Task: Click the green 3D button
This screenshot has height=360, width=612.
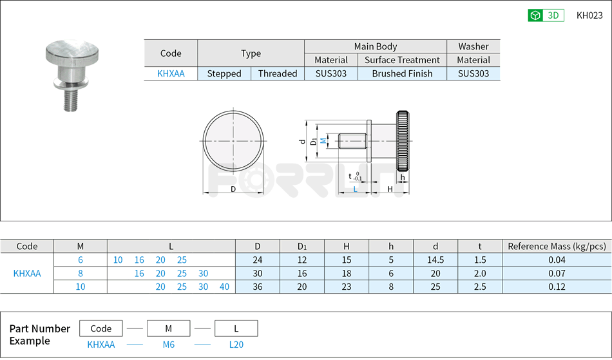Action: [546, 15]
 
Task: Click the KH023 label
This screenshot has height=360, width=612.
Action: [589, 15]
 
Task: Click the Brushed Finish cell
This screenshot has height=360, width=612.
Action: [402, 73]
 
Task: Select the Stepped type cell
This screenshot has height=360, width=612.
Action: [224, 73]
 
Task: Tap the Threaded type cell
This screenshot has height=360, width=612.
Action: [278, 73]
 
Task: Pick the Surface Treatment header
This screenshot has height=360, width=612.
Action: [402, 60]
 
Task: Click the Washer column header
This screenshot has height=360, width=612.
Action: [473, 46]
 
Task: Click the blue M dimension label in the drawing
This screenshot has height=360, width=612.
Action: [323, 140]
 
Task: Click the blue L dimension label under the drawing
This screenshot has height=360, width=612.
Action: [355, 189]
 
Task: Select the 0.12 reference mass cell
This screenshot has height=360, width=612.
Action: [557, 287]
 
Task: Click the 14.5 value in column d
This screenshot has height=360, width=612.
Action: [435, 260]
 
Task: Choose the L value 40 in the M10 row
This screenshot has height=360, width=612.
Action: [224, 287]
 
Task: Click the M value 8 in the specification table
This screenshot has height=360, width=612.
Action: [81, 273]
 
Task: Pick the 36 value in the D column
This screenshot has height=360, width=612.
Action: [257, 287]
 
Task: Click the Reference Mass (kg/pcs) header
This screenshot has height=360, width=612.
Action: [557, 246]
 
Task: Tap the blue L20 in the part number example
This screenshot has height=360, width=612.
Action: [236, 345]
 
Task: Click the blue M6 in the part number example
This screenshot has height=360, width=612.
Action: [168, 345]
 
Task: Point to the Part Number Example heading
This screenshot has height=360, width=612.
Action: [39, 334]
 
